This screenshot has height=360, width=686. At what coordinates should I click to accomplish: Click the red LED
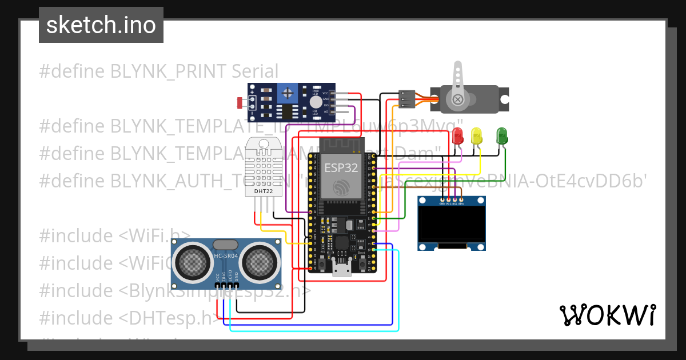(457, 136)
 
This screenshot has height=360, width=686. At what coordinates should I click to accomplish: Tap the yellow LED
(476, 136)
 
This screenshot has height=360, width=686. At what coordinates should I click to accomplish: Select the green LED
(501, 136)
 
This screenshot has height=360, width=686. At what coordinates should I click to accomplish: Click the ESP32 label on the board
(341, 168)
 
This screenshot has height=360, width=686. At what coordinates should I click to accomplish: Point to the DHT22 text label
(264, 191)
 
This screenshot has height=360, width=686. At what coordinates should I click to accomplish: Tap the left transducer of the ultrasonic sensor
(193, 262)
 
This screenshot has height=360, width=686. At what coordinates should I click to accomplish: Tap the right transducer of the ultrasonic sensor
(258, 262)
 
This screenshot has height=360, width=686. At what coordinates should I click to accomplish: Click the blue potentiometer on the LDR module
(288, 91)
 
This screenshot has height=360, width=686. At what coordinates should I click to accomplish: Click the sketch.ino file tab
(101, 25)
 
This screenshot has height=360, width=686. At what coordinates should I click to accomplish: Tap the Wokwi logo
(607, 315)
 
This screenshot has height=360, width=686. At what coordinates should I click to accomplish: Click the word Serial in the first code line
(255, 71)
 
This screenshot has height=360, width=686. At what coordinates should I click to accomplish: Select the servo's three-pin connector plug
(406, 99)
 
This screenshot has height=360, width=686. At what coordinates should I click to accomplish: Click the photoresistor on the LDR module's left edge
(240, 103)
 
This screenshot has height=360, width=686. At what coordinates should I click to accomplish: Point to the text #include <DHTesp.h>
(129, 318)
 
